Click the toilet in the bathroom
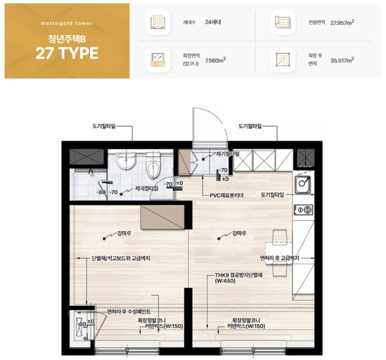(x=153, y=165)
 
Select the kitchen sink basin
(x=303, y=185)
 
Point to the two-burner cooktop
(x=303, y=210)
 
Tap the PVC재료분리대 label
(x=227, y=195)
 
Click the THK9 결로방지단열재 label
(x=239, y=275)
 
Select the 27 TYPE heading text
(x=67, y=53)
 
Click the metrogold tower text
(x=67, y=23)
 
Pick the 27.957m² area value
(x=342, y=22)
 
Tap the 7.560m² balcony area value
(x=215, y=60)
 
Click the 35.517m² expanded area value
(x=342, y=60)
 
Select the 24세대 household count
(x=213, y=22)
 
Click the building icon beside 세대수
(x=158, y=22)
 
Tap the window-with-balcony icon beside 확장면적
(x=158, y=60)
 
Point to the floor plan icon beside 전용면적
(x=283, y=22)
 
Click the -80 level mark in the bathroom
(x=101, y=192)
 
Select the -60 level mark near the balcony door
(x=82, y=324)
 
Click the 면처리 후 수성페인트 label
(x=129, y=312)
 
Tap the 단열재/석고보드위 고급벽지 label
(x=121, y=258)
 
